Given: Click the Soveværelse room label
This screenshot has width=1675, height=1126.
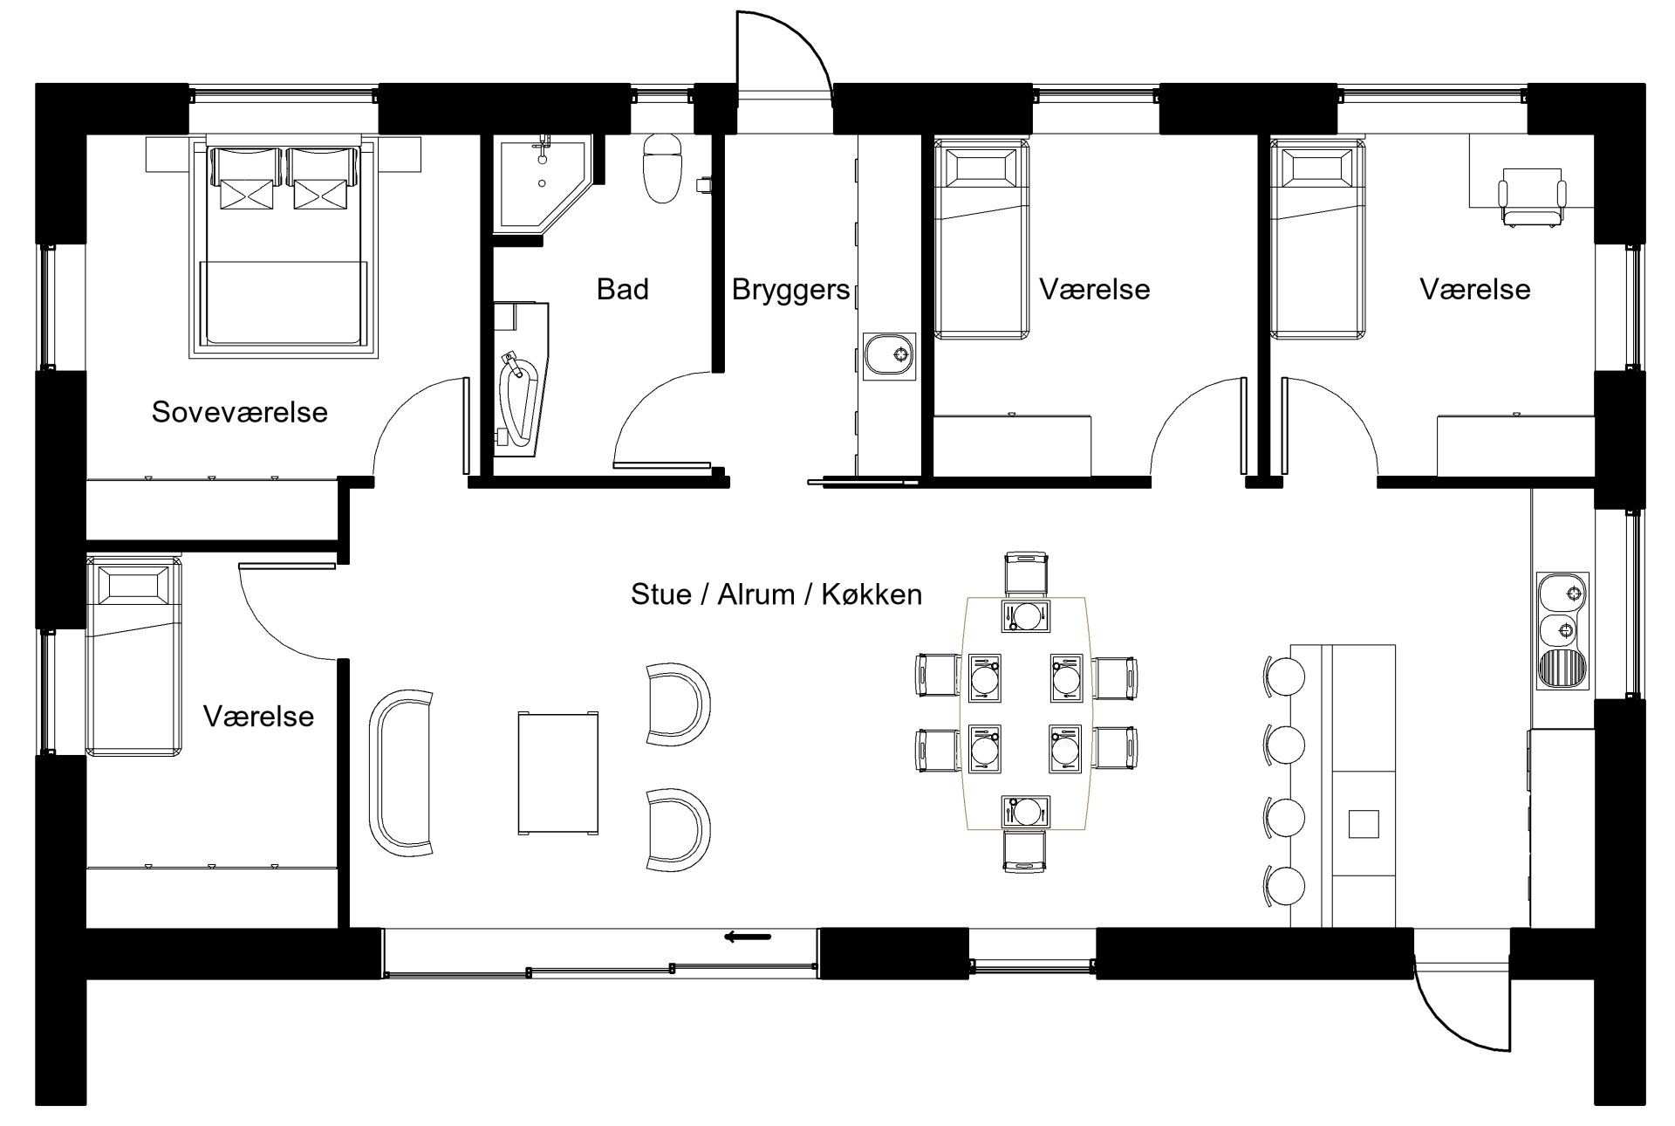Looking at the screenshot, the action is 240,412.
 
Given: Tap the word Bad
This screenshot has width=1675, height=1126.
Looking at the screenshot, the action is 623,289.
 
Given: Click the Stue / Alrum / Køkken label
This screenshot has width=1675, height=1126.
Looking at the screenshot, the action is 776,594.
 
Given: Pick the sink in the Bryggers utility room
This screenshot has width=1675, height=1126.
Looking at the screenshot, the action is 890,357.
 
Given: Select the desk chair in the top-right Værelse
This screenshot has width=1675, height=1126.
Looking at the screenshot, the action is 1531,202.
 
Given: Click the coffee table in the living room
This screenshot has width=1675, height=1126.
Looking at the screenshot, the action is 558,773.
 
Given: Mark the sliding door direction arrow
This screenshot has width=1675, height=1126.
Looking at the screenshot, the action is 748,937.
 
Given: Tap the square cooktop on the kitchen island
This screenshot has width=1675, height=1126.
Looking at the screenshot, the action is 1364,823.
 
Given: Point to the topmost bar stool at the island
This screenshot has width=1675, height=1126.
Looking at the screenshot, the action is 1284,676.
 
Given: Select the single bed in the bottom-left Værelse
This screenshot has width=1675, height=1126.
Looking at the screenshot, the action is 134,656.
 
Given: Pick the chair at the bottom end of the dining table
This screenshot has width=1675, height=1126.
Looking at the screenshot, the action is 1025,851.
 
